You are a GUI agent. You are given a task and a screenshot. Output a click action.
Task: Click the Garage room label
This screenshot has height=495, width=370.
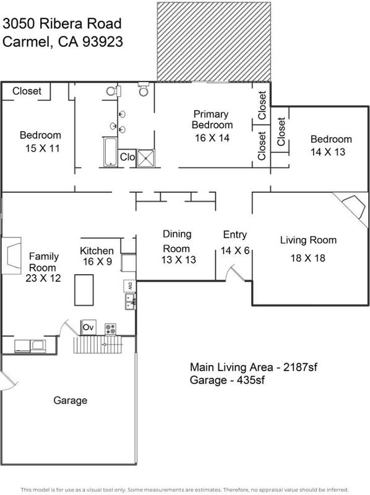pos(70,400)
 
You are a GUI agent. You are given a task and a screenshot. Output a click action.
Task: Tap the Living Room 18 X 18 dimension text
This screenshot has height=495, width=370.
pos(308,258)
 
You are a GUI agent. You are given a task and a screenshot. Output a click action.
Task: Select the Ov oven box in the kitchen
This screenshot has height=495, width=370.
pos(88,327)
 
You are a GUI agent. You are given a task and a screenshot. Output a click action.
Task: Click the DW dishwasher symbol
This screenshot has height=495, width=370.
pos(130,286)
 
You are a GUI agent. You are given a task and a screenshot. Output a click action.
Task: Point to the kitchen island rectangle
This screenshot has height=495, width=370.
pos(84,290)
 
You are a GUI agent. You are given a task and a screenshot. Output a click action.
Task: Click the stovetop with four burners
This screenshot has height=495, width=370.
pos(111,329)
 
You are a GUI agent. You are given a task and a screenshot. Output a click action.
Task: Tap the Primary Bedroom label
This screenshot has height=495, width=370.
pos(212,119)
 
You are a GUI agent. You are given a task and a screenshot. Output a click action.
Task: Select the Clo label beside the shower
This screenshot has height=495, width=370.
pos(127,157)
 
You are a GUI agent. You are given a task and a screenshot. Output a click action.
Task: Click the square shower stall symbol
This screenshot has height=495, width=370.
pos(146,158)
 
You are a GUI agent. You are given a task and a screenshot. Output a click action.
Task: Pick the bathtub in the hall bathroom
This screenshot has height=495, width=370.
pos(110,152)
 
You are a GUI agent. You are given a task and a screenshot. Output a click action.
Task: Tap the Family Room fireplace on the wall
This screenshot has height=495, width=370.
pos(11,256)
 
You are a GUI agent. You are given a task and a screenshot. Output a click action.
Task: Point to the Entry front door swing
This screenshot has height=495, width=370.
pos(234,273)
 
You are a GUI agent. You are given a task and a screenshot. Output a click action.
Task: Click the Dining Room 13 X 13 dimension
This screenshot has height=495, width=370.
pos(179,259)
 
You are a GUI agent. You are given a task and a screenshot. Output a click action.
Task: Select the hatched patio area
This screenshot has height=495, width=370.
pos(214,41)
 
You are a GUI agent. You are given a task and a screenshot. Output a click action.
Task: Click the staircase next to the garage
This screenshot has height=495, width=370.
pos(98,345)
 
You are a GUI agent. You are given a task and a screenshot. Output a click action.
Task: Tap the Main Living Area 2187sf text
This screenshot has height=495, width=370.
pos(253,367)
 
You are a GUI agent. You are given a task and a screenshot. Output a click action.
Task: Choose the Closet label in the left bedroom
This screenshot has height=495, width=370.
pos(27,91)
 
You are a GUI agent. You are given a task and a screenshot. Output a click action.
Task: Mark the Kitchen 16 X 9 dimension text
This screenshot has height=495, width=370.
pos(97,261)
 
